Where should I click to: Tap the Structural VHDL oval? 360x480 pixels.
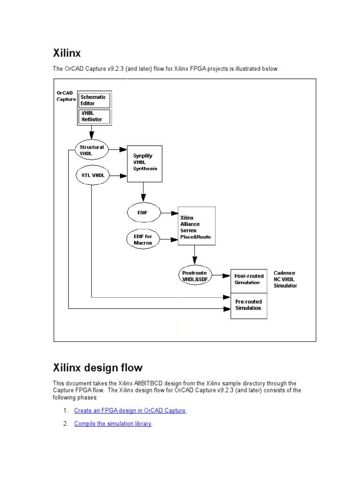tap(91, 150)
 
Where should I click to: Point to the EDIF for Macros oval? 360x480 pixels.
tap(143, 239)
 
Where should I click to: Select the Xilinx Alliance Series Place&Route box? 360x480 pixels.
tap(195, 227)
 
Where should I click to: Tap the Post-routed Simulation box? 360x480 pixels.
tap(249, 280)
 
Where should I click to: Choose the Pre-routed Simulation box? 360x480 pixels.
tap(249, 306)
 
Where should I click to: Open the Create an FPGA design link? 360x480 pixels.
tap(130, 411)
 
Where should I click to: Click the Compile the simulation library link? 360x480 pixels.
tap(112, 424)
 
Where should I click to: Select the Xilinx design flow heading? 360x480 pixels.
tap(97, 367)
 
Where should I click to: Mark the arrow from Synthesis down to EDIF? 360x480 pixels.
tap(143, 192)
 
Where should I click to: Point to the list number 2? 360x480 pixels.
tap(65, 424)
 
